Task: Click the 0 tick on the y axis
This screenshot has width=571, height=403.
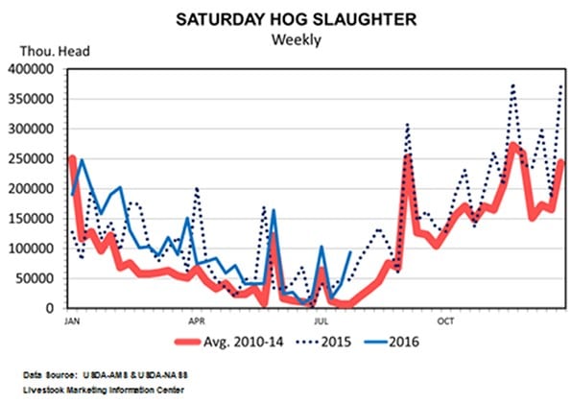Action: pyautogui.click(x=56, y=309)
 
